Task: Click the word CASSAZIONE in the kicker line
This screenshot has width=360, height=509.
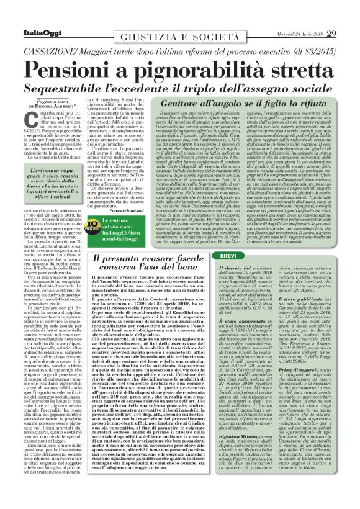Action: point(63,35)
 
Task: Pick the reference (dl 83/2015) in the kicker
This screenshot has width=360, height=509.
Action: point(304,35)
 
